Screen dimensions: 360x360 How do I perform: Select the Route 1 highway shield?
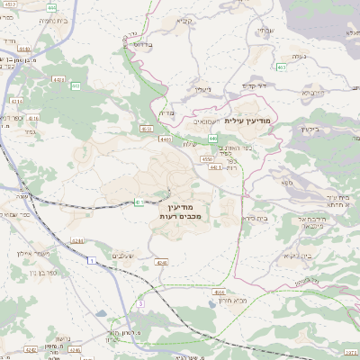coord(92,260)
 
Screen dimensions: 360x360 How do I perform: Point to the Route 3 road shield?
coord(140,304)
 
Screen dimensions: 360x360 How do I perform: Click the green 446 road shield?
coord(213,138)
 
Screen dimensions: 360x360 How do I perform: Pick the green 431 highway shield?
coord(139,202)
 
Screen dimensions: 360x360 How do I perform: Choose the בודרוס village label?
coord(145,42)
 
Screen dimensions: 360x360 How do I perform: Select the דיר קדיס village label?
coord(256,86)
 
